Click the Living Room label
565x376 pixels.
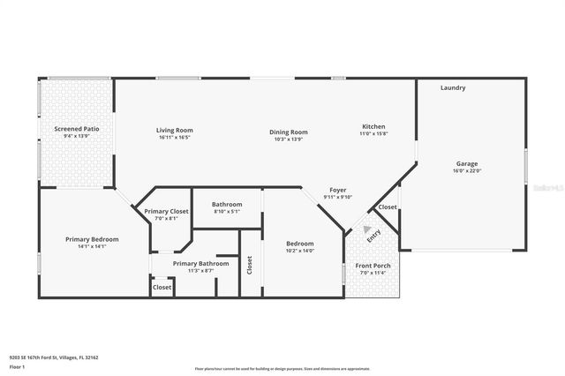pos(175,130)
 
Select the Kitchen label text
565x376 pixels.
pos(373,126)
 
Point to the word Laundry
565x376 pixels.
pos(453,87)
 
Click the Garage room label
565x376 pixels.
pos(467,164)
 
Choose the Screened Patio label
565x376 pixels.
pos(77,129)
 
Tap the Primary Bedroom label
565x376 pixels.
pos(92,239)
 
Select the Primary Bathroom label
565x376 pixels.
pos(201,263)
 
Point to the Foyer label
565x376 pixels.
pos(337,190)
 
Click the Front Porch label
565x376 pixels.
pos(372,266)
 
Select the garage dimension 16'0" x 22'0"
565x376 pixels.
pos(467,171)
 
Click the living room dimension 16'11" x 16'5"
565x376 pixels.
pos(175,138)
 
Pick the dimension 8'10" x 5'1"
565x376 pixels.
pos(226,212)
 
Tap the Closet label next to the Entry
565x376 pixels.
pos(388,207)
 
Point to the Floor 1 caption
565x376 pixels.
pos(17,366)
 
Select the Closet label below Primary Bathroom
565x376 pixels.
pos(162,287)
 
